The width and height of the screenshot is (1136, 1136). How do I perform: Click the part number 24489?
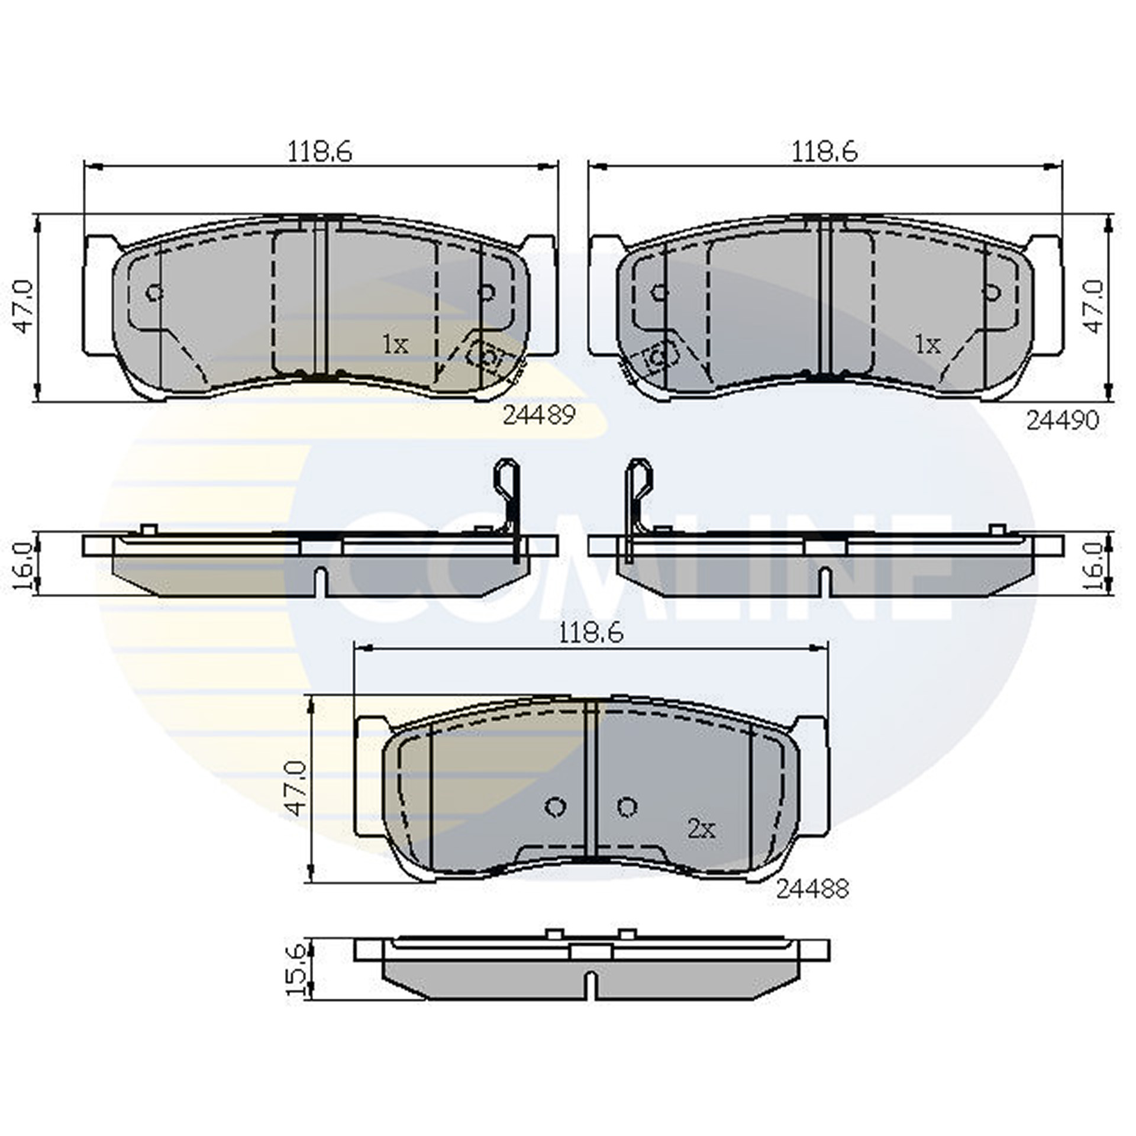[538, 416]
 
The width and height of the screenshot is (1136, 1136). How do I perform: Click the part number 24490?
[1062, 420]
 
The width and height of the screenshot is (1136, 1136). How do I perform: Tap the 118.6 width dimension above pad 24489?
[319, 153]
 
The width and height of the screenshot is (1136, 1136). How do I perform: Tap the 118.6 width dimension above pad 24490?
[825, 153]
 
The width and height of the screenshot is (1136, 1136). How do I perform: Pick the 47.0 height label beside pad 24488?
[298, 789]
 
